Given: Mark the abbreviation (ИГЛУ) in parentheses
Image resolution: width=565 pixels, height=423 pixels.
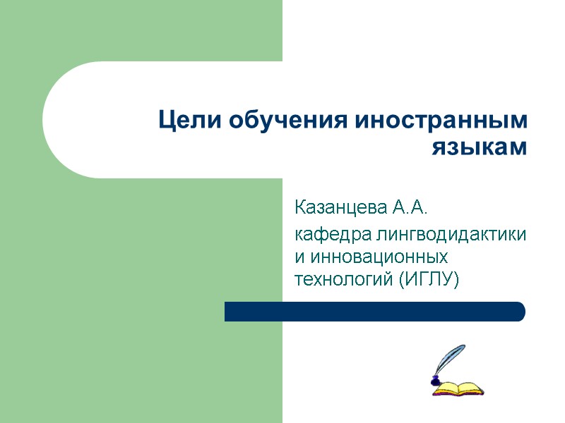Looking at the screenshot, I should pos(429,279).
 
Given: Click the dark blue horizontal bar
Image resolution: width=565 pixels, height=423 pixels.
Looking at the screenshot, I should pos(374,312).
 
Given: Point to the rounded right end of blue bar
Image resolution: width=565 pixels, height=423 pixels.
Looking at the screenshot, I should pos(520,312).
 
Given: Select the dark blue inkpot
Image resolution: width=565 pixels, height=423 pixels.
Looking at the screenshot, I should pos(436,381).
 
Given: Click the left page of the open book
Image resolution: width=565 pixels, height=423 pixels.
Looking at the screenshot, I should pos(449,388).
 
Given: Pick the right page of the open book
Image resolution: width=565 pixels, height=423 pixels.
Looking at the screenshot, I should pos(472,387).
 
